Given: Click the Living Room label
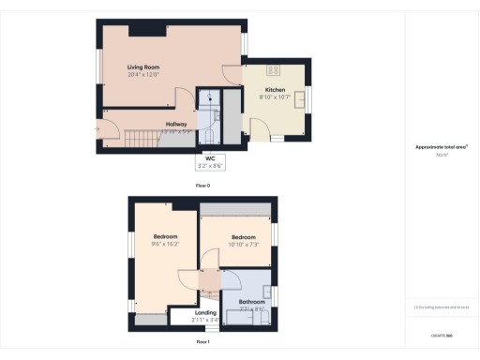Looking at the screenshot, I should [x=144, y=67].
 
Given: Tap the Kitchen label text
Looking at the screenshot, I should [x=274, y=90].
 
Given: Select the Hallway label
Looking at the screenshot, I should [x=176, y=124].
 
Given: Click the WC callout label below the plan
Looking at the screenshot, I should [x=211, y=158].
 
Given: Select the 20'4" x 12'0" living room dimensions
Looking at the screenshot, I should [x=144, y=75].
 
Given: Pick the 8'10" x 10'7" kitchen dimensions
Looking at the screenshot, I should [x=274, y=97].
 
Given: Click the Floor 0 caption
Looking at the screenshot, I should [x=202, y=186].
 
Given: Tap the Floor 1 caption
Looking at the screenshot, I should [x=202, y=342].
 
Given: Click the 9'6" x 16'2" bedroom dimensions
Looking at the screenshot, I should [x=166, y=243].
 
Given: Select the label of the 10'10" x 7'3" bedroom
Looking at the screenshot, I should [x=244, y=237].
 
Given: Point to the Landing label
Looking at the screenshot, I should [x=205, y=312].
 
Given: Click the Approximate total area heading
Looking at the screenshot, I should [x=442, y=147].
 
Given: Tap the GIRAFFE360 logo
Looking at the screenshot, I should [x=442, y=334].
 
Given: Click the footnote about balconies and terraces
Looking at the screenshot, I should [x=442, y=307].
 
